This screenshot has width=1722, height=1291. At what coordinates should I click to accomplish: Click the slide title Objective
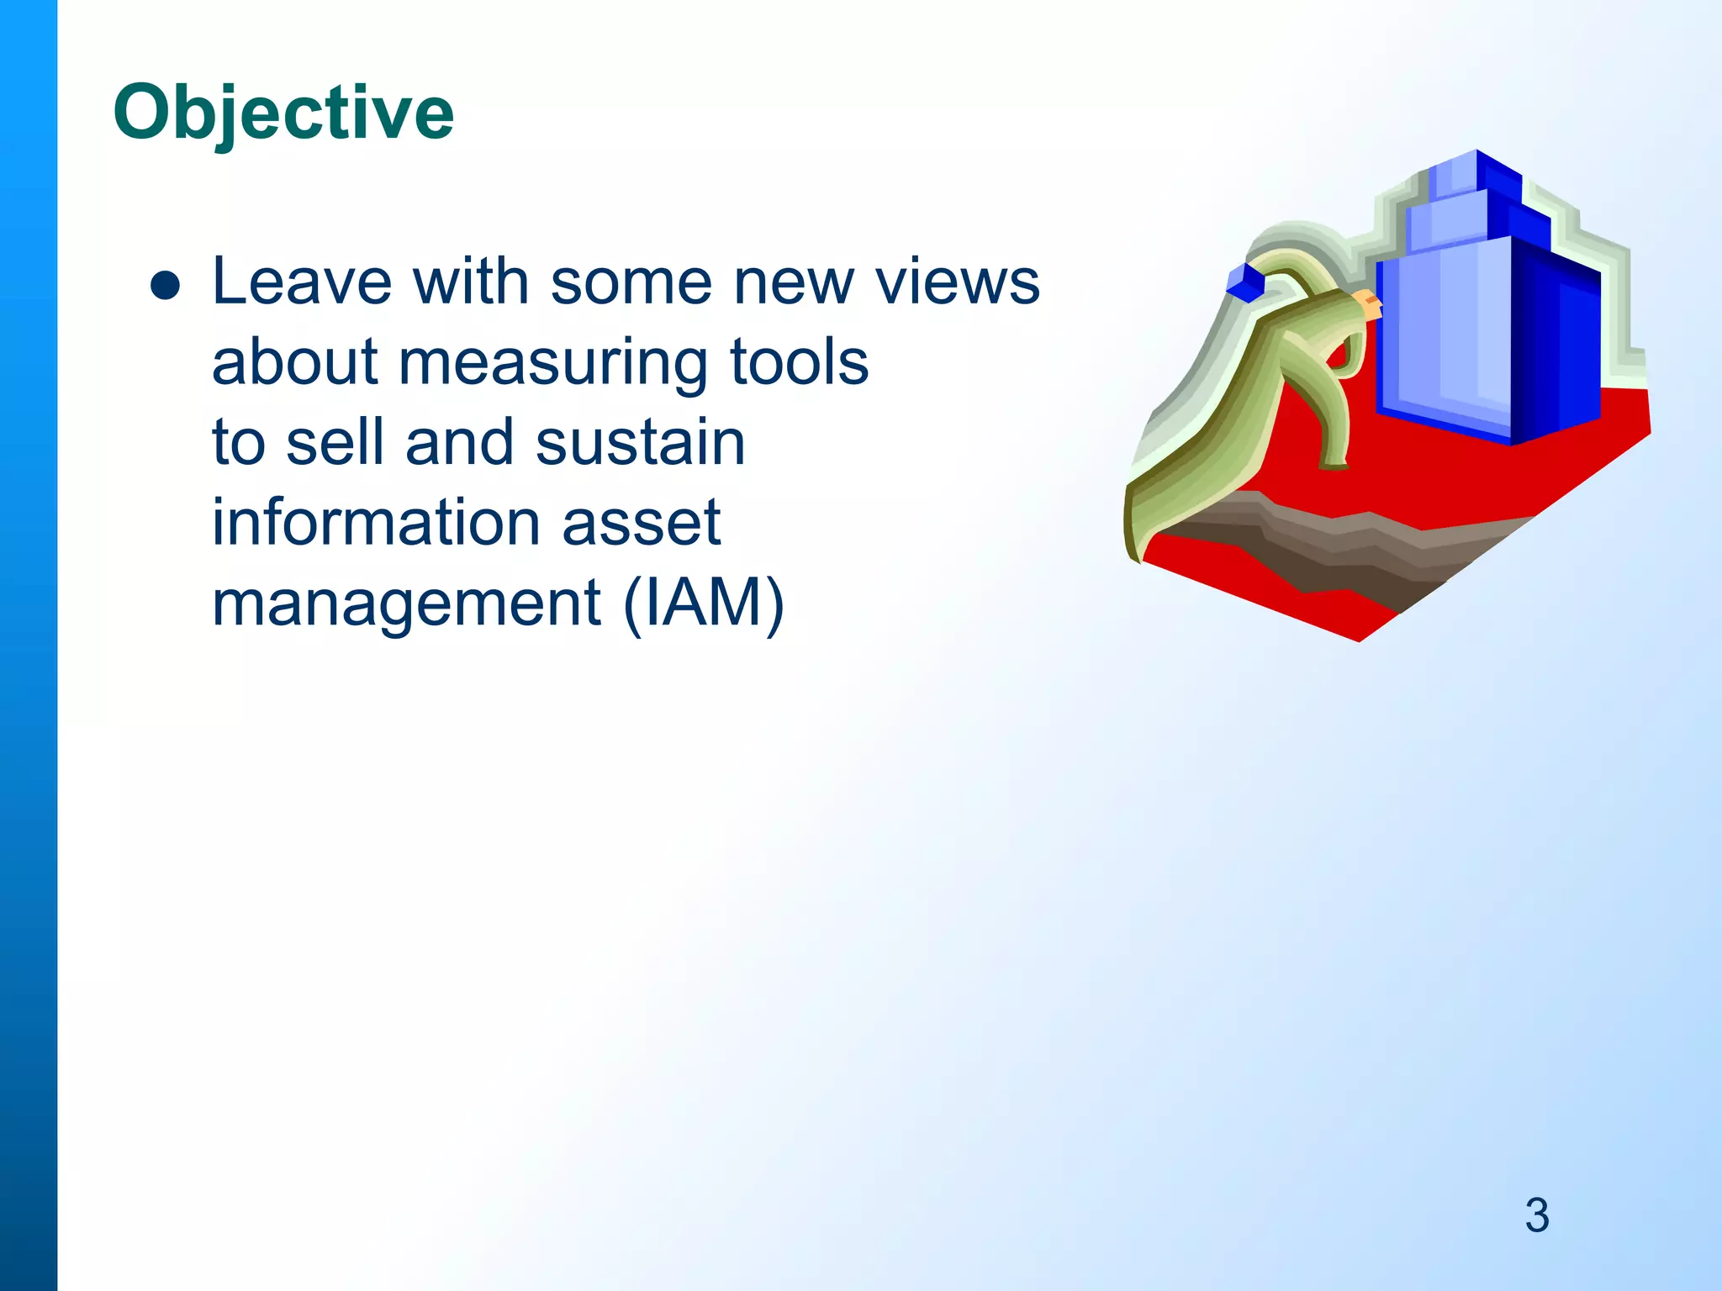pos(283,113)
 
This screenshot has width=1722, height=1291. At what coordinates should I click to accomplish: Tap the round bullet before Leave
pos(165,286)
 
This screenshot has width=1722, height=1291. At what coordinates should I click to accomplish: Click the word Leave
pos(301,282)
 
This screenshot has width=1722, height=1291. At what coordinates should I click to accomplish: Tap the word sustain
pos(640,442)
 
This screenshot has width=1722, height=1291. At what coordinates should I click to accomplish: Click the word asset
pos(641,523)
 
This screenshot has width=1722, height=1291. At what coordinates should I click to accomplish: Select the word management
pos(406,603)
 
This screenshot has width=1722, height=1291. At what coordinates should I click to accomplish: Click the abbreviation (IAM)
pos(704,603)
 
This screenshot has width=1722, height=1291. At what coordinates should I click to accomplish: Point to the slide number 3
pos(1537,1215)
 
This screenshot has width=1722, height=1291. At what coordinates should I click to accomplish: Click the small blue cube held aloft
pos(1245,282)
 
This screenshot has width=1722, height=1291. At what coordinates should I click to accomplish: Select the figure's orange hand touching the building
pos(1370,304)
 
